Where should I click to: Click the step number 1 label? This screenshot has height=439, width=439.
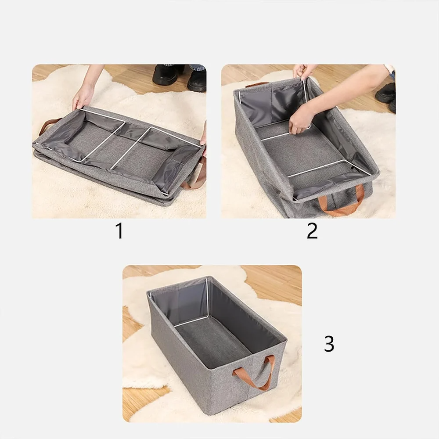[x=119, y=231]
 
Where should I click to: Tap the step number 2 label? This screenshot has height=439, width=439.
[x=312, y=231]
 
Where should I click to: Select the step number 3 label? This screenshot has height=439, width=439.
[x=329, y=344]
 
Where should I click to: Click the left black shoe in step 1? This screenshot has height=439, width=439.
[x=166, y=75]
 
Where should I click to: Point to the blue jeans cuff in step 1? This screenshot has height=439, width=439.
[x=197, y=68]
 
